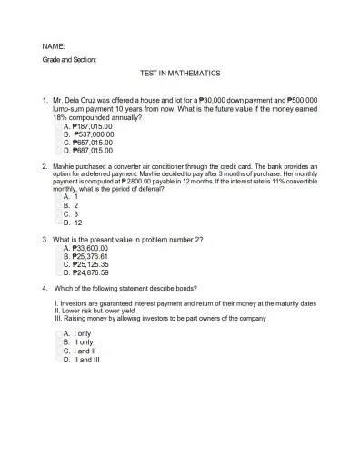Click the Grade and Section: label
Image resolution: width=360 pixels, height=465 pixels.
(x=69, y=59)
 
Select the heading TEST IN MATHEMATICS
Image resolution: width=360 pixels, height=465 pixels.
(x=180, y=74)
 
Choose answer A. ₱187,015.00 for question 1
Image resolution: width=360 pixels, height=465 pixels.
(x=87, y=126)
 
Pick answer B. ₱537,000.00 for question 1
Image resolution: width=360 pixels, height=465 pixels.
(x=88, y=134)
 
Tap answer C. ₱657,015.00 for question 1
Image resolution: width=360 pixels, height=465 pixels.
(x=87, y=143)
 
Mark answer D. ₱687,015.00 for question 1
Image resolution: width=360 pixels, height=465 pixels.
(x=87, y=151)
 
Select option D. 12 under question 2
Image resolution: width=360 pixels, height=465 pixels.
(x=73, y=222)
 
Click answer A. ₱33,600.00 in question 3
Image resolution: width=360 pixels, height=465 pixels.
(x=85, y=248)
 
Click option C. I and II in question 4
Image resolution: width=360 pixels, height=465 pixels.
(x=80, y=351)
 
